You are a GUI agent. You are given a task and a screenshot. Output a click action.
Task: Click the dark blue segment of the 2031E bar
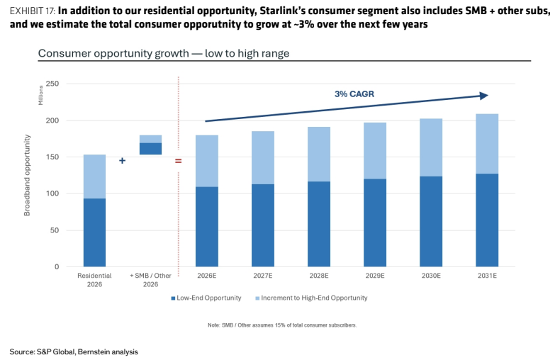coord(487,220)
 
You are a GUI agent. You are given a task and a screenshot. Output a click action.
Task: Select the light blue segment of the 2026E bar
coord(207,161)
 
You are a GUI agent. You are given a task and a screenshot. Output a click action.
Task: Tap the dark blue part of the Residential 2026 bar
coord(95,232)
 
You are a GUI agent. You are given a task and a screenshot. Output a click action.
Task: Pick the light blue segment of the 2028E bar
coord(319,154)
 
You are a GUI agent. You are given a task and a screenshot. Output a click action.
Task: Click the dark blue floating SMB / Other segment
coord(151,149)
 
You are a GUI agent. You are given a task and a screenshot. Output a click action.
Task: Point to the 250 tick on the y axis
coord(52,84)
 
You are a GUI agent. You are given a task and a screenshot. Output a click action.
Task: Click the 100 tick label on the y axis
coord(52,193)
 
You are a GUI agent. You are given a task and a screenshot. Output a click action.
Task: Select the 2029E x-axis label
coord(375,276)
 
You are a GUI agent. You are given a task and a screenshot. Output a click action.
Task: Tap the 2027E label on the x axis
coord(263,276)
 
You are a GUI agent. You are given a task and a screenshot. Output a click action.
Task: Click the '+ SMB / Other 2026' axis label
coord(150,280)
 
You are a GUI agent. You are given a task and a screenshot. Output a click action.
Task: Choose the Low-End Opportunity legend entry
coord(206,298)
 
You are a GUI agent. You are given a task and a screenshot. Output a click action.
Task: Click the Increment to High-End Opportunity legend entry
coord(311,298)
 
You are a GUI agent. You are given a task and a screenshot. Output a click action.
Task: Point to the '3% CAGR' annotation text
coord(354,94)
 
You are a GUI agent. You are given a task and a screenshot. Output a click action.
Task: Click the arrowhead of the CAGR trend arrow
coord(484,96)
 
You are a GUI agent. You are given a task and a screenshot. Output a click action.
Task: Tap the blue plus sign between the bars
coord(122,161)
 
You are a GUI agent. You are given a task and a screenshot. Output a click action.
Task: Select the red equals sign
coord(178,161)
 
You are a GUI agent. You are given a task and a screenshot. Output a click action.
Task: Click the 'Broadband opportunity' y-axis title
coord(27,175)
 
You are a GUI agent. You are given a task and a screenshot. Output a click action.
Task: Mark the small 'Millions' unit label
coord(40,96)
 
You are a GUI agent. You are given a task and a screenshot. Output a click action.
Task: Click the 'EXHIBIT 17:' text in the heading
coord(33,11)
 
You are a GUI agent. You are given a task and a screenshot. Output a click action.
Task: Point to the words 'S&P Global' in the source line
coord(56,351)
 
